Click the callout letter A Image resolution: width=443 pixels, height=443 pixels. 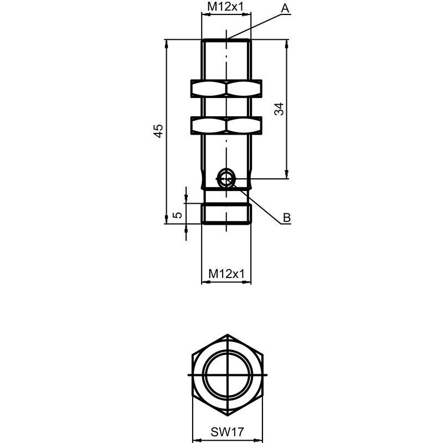click(285, 8)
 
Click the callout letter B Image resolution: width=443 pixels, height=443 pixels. click(287, 218)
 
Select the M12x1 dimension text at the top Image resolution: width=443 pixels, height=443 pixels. click(225, 7)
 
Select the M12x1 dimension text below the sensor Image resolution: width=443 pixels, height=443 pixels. click(226, 274)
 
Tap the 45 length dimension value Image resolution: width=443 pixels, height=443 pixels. click(158, 131)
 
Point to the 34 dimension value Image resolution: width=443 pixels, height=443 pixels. click(280, 109)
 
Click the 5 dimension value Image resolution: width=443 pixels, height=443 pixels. click(177, 215)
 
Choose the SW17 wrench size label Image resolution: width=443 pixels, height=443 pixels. click(227, 432)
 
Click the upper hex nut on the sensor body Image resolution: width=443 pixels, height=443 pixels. click(226, 89)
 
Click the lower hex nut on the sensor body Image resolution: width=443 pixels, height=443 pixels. click(226, 125)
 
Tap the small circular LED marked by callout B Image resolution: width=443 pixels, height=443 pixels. click(226, 178)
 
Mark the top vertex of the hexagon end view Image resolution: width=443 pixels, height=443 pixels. click(228, 334)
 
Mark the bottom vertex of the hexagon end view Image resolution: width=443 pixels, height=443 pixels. click(228, 416)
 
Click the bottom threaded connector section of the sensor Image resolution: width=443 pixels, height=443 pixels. click(226, 214)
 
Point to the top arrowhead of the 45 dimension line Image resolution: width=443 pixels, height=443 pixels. click(167, 45)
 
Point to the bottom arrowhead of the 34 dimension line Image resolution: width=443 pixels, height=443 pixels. click(287, 173)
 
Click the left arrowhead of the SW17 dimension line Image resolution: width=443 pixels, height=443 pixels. click(197, 440)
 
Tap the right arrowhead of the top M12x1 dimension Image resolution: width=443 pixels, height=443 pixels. click(246, 15)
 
